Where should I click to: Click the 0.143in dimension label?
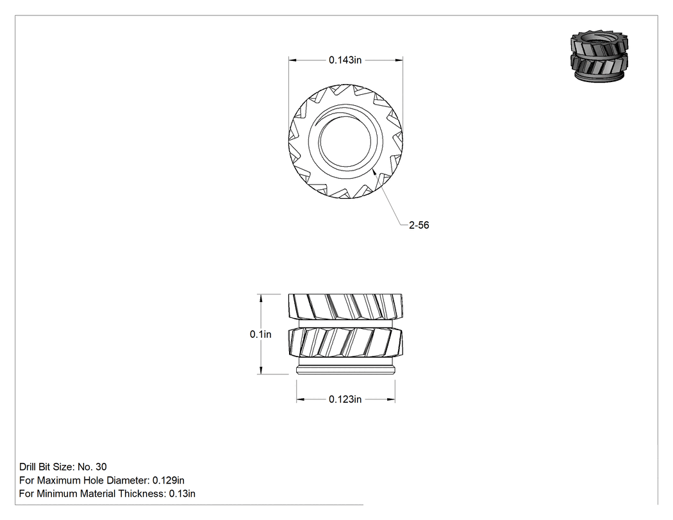pyautogui.click(x=345, y=60)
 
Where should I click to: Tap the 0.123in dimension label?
pyautogui.click(x=345, y=399)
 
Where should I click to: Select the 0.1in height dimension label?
pyautogui.click(x=260, y=334)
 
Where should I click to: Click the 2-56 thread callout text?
pyautogui.click(x=419, y=225)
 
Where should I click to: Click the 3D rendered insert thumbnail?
pyautogui.click(x=599, y=55)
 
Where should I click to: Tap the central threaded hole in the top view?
pyautogui.click(x=345, y=142)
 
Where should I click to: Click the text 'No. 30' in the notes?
pyautogui.click(x=92, y=467)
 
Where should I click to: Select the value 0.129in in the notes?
pyautogui.click(x=168, y=480)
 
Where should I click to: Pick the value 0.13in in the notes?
pyautogui.click(x=182, y=493)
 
